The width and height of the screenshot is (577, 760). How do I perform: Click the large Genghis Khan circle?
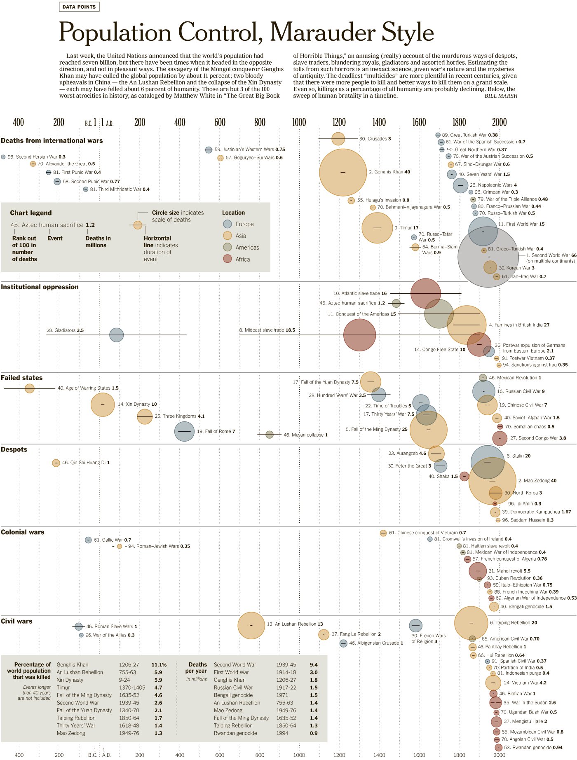pos(343,172)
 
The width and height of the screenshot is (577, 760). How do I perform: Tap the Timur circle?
pos(377,228)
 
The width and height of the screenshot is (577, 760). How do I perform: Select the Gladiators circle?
pos(117,335)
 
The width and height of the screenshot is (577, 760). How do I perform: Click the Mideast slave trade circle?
pos(359,335)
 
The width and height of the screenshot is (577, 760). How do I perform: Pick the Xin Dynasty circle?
pos(103,405)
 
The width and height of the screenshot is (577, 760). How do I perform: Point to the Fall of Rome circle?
pos(184,431)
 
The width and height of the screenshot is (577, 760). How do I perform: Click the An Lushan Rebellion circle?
pos(251,625)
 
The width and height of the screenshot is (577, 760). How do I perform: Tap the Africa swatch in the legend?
pos(228,259)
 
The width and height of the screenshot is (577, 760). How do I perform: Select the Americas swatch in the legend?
pos(228,247)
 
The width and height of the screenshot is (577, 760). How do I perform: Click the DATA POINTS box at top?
pos(79,7)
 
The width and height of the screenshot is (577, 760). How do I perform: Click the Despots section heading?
pos(14,449)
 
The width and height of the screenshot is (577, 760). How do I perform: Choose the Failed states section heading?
pos(21,378)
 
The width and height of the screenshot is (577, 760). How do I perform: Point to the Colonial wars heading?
pos(22,532)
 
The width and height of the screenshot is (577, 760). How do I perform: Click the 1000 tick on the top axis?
pos(299,122)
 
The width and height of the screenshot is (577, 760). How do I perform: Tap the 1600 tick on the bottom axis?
pos(419,755)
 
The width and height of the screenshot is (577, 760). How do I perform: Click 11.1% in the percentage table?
pos(159,664)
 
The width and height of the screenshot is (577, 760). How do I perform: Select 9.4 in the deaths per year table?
pos(314,664)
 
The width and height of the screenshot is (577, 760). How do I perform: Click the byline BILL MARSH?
pos(501,96)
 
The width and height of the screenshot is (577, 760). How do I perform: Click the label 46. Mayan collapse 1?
pos(305,435)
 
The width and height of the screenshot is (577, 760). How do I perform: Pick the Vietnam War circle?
pos(493,683)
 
